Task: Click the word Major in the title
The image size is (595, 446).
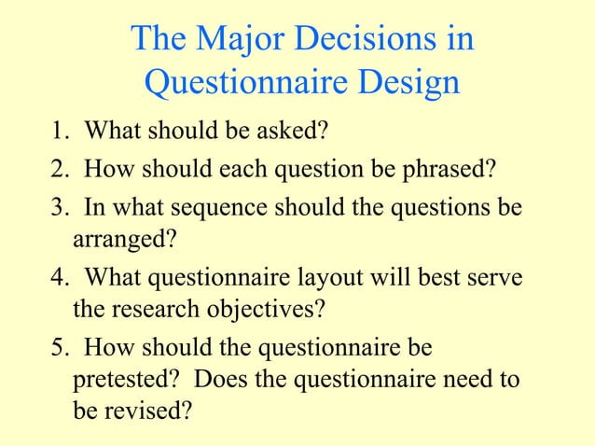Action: tap(237, 39)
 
